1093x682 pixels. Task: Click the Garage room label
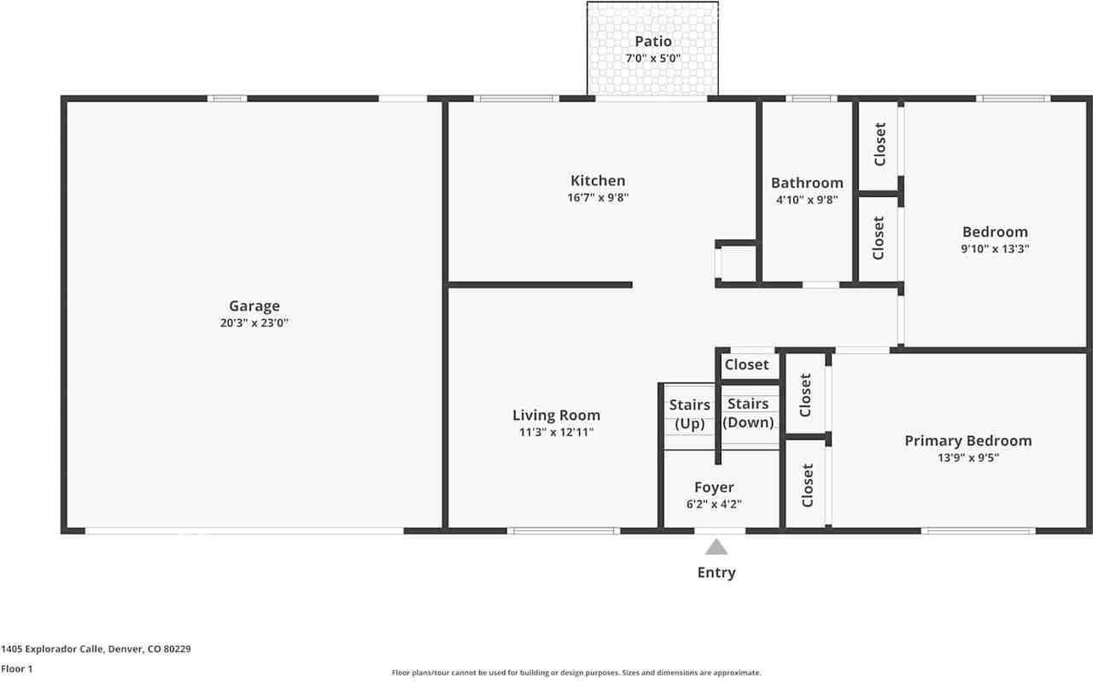pyautogui.click(x=254, y=306)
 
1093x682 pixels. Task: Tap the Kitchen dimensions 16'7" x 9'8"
pyautogui.click(x=598, y=198)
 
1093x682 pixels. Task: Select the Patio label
pyautogui.click(x=652, y=41)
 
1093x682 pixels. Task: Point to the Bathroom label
pyautogui.click(x=807, y=183)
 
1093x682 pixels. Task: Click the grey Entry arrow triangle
pyautogui.click(x=716, y=546)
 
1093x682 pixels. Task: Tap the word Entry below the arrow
pyautogui.click(x=716, y=573)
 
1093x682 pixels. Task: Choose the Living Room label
pyautogui.click(x=556, y=415)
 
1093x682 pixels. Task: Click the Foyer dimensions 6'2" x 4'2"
pyautogui.click(x=714, y=504)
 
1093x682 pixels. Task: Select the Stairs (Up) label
pyautogui.click(x=689, y=413)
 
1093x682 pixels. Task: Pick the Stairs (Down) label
pyautogui.click(x=748, y=412)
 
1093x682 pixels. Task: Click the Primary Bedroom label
pyautogui.click(x=967, y=440)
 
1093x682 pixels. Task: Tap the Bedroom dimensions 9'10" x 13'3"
pyautogui.click(x=995, y=249)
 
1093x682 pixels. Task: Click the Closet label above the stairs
pyautogui.click(x=746, y=364)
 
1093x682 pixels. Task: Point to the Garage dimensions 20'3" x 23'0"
pyautogui.click(x=254, y=324)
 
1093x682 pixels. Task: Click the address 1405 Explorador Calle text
pyautogui.click(x=96, y=649)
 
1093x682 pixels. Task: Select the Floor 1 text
pyautogui.click(x=16, y=669)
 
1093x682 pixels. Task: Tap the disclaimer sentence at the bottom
pyautogui.click(x=576, y=673)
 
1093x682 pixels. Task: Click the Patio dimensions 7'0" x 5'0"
pyautogui.click(x=652, y=58)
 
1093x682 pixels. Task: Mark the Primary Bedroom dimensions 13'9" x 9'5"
pyautogui.click(x=967, y=458)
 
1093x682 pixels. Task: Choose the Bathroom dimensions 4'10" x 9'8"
pyautogui.click(x=807, y=200)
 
